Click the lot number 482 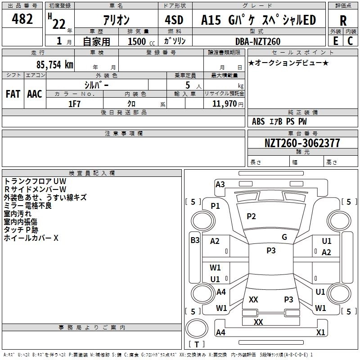click(22, 19)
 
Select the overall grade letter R click(343, 21)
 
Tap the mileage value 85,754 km click(55, 64)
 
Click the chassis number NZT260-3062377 click(302, 143)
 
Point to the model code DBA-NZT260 click(258, 41)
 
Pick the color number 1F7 click(74, 104)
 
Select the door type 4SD click(174, 20)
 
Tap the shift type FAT click(13, 94)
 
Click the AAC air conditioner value click(35, 94)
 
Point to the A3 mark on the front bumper click(220, 184)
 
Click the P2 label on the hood click(251, 216)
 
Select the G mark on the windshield click(284, 237)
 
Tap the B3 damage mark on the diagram click(195, 240)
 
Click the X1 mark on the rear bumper click(320, 332)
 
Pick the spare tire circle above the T click(197, 328)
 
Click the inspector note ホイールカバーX click(31, 238)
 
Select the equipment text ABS click(258, 121)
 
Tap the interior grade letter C click(350, 41)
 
